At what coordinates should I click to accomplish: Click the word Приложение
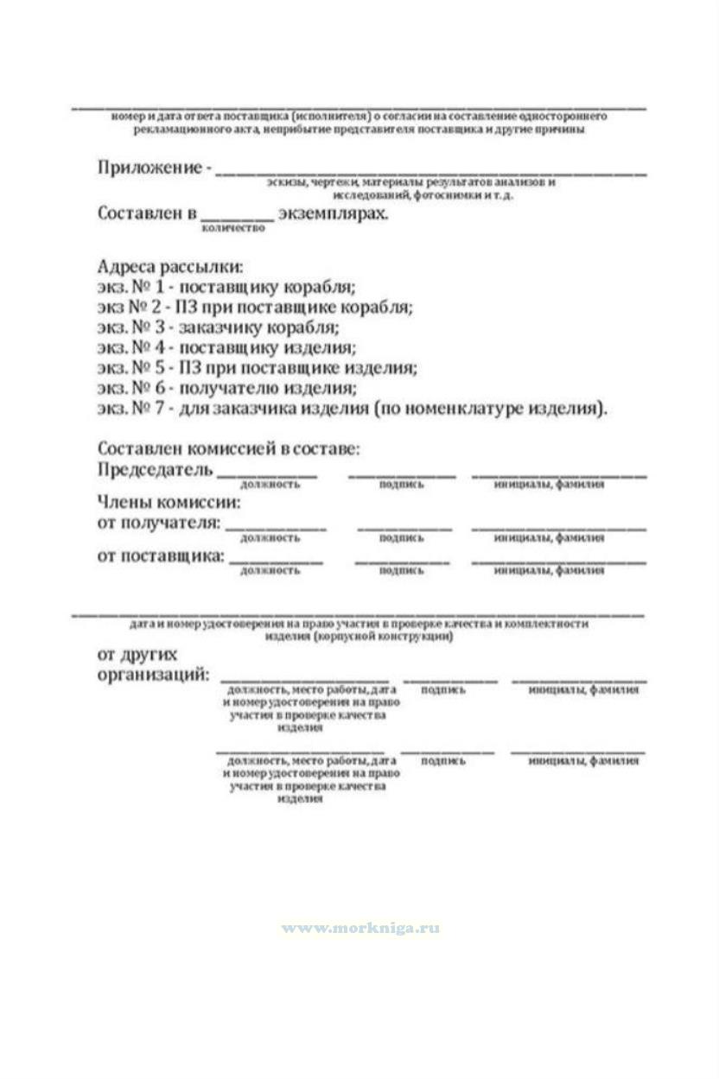point(149,168)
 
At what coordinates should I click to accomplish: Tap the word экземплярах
point(334,213)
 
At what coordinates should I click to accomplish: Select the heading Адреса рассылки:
point(170,267)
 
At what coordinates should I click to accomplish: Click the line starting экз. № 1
point(226,287)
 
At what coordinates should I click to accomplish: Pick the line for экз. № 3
point(219,327)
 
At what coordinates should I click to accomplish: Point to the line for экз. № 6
point(226,389)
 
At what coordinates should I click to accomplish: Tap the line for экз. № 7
point(353,409)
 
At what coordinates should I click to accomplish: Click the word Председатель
point(155,471)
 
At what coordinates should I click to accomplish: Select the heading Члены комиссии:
point(169,502)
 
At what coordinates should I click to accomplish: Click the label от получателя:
point(158,524)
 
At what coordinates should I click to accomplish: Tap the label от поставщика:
point(160,555)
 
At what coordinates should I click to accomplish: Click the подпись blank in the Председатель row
point(402,474)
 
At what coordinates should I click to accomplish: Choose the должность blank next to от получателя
point(276,527)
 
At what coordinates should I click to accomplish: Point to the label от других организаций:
point(152,664)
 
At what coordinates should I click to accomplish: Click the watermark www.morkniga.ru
point(360,929)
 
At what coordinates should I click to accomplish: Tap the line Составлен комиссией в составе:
point(228,450)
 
